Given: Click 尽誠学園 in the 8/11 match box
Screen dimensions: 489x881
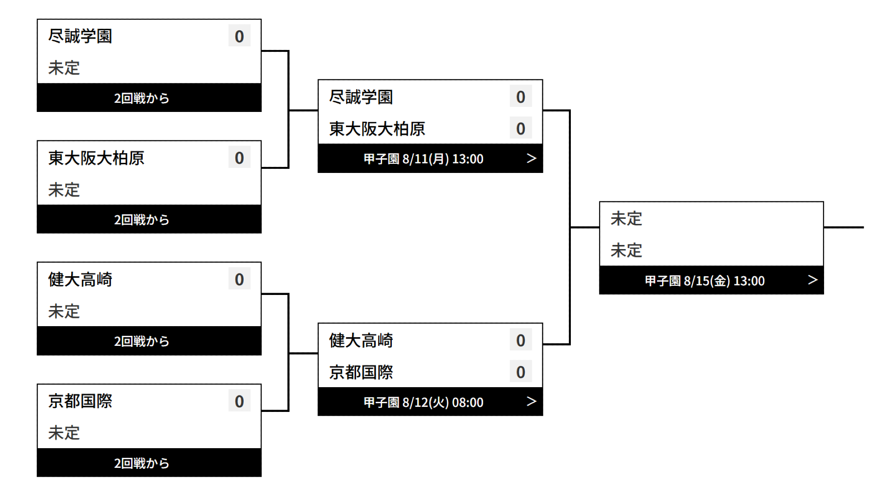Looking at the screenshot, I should (x=361, y=97).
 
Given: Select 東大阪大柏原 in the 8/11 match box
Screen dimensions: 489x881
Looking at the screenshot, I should (x=377, y=129).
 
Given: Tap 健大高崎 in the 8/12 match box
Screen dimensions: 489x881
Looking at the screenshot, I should (x=361, y=340).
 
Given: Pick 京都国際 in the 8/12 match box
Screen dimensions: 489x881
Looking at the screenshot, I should (x=361, y=372).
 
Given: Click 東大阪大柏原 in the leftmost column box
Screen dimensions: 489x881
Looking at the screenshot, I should (x=96, y=158).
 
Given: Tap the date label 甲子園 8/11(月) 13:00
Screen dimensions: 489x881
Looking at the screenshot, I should (x=423, y=159).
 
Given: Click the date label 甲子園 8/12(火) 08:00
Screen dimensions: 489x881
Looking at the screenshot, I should (x=423, y=402).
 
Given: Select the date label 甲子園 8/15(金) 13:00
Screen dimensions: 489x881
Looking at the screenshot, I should (x=704, y=281).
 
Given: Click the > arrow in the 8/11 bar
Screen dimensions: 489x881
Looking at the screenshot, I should (x=531, y=158).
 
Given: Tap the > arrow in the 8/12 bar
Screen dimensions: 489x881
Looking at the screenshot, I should (x=531, y=401).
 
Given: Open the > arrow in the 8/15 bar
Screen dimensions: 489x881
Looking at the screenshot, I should (x=812, y=280).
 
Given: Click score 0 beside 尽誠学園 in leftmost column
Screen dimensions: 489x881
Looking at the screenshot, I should (x=239, y=36).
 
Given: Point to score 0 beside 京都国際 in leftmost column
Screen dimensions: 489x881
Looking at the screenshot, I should (x=239, y=401).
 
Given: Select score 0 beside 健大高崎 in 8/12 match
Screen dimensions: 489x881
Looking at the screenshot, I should (x=520, y=340).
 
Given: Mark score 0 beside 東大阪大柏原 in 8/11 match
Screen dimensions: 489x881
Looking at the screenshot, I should (x=520, y=129).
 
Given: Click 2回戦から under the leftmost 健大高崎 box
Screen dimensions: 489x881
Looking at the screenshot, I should (x=141, y=341).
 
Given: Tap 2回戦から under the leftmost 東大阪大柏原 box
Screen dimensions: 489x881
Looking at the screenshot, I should (x=141, y=220).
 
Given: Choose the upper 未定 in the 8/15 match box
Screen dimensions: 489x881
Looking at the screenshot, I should (x=626, y=219).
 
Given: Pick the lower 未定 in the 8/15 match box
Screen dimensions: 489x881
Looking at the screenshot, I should (x=626, y=250).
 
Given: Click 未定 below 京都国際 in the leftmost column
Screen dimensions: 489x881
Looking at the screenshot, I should (x=64, y=433).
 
